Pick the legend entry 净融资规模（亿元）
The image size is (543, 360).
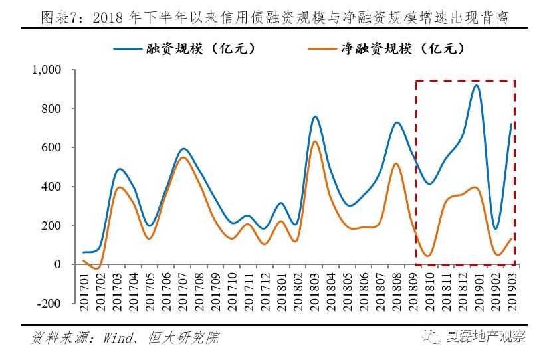387,48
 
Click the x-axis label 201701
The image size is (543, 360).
84,287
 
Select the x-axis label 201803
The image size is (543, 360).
315,287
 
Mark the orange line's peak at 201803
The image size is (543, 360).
315,141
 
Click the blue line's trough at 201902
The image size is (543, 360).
495,229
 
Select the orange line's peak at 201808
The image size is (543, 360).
397,163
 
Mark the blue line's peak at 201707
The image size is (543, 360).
184,149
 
